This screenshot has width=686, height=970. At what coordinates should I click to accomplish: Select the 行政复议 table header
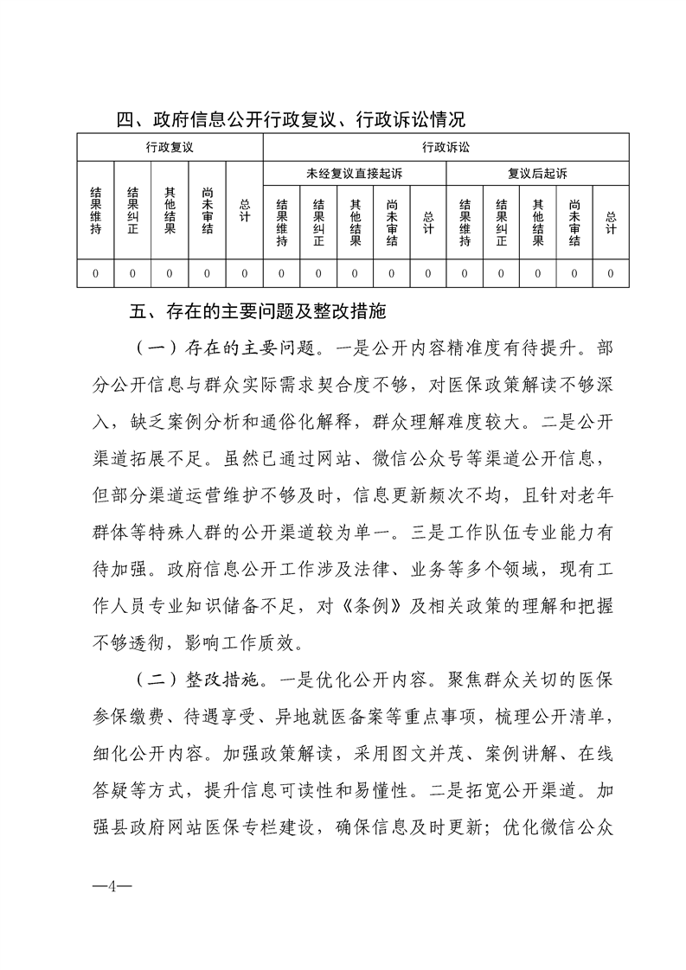click(x=170, y=148)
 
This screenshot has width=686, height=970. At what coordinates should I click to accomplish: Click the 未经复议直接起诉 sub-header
click(x=354, y=174)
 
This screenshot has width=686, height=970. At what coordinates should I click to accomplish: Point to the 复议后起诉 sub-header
click(x=537, y=174)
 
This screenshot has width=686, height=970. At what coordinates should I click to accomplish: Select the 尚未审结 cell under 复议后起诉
click(x=574, y=222)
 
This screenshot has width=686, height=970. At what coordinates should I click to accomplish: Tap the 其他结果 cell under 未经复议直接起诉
click(x=355, y=222)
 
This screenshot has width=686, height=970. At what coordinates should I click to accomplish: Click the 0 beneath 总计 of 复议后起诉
click(x=611, y=273)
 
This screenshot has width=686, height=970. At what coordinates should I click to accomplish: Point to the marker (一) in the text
click(x=152, y=348)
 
